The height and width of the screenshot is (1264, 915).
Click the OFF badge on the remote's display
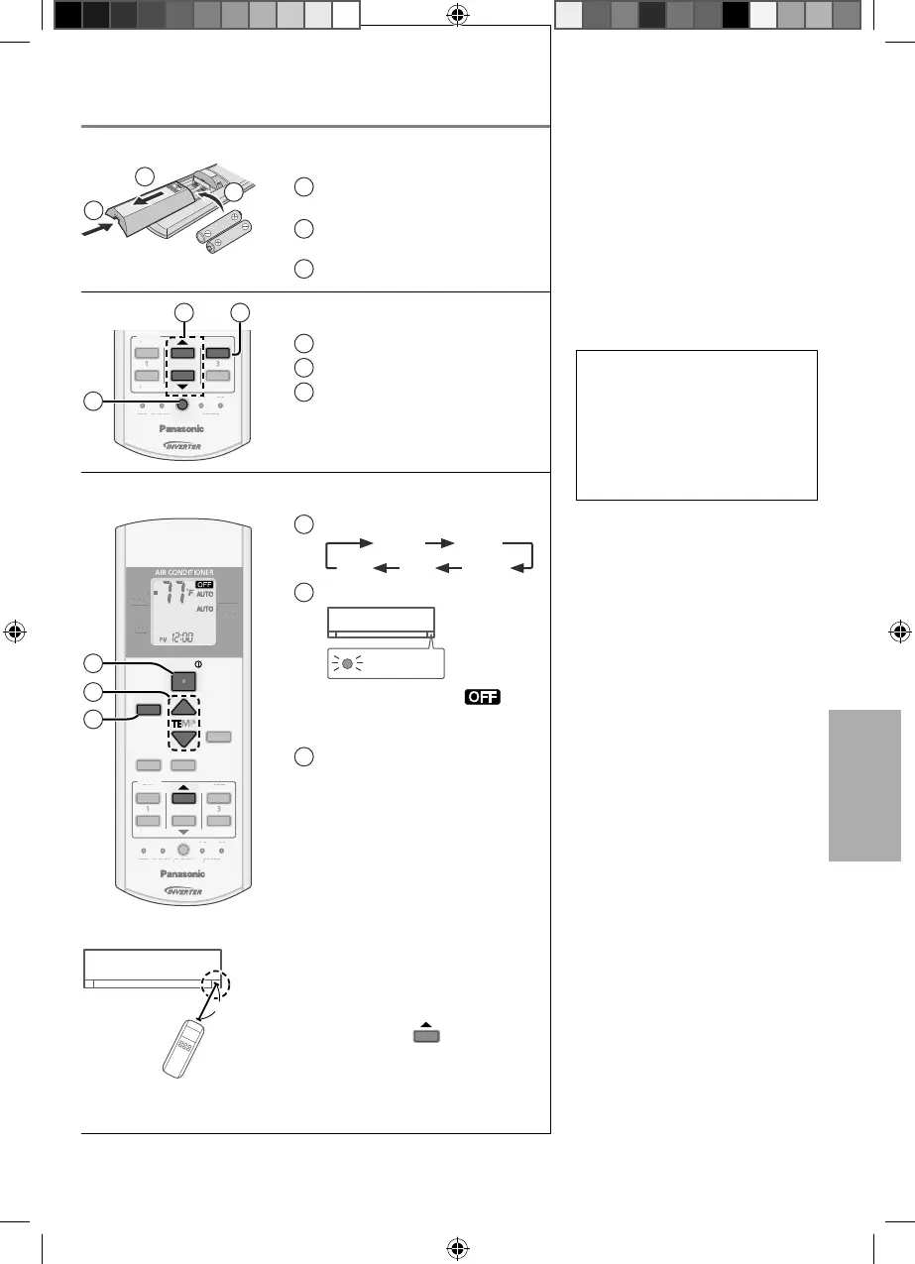coord(205,584)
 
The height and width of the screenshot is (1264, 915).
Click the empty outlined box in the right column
coord(696,424)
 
